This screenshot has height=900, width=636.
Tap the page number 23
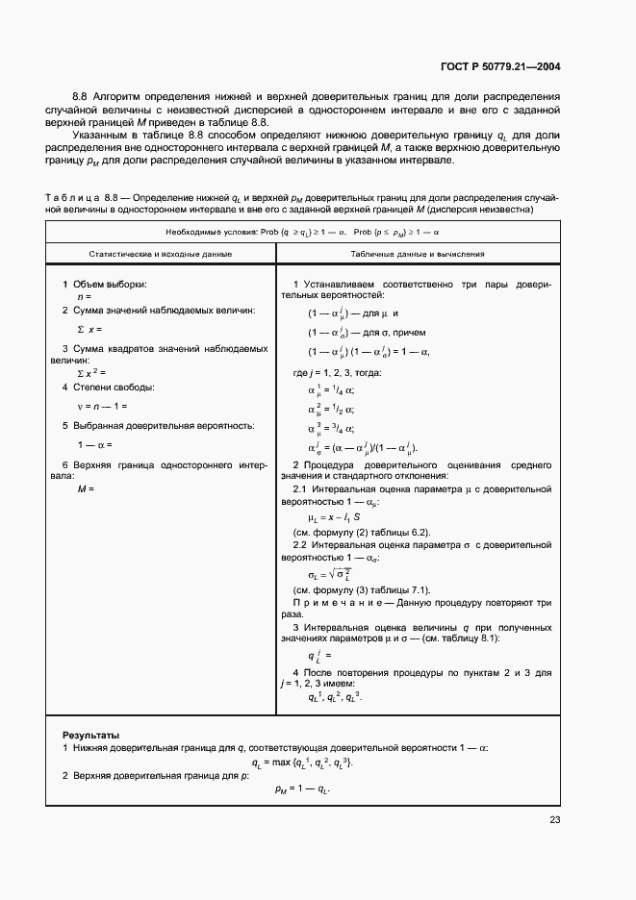click(554, 819)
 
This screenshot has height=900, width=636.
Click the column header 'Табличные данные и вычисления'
click(418, 255)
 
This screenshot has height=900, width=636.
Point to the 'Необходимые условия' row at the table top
click(288, 233)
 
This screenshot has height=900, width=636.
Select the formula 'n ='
click(84, 298)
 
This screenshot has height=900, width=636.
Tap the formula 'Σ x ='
click(89, 329)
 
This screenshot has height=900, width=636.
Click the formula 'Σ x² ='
click(90, 372)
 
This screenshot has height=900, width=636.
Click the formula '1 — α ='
click(95, 444)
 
